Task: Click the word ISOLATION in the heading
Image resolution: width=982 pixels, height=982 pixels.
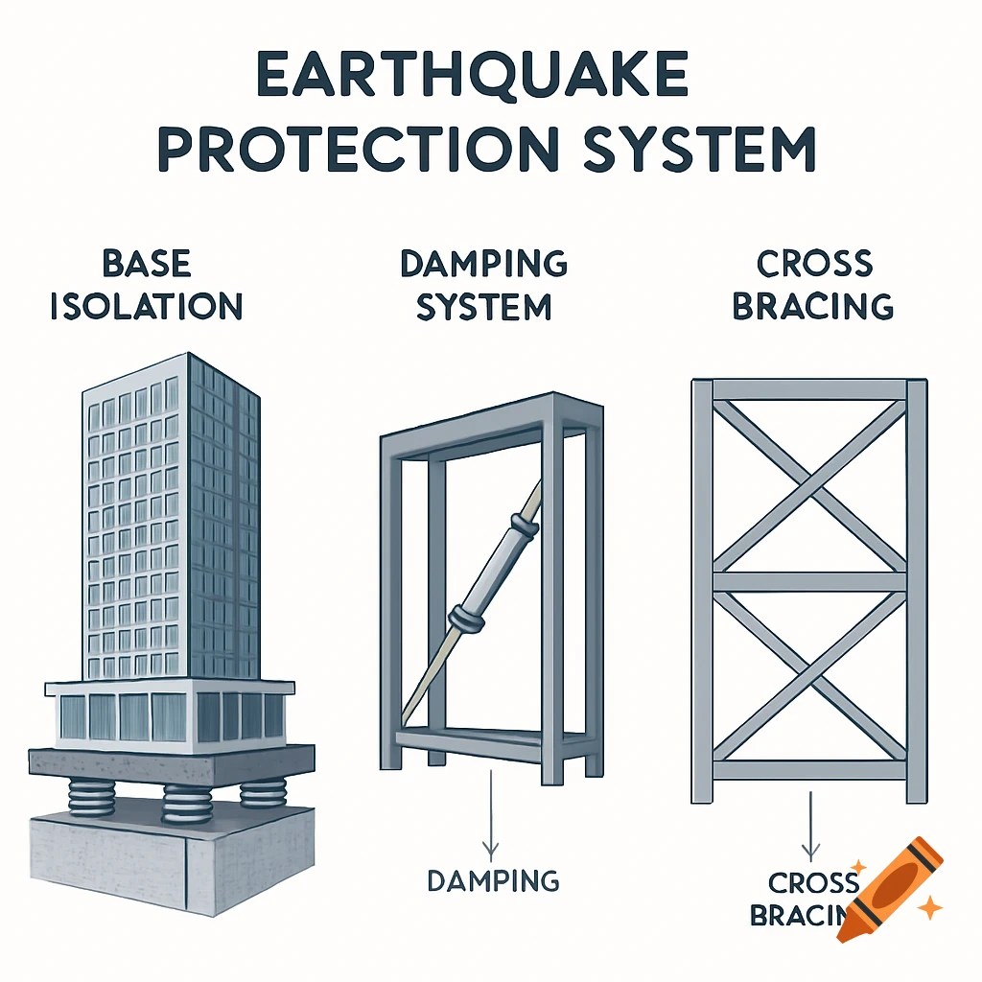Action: (146, 306)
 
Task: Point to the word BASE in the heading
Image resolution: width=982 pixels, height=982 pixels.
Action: (146, 263)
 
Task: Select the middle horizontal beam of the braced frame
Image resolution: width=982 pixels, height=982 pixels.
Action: (810, 581)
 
